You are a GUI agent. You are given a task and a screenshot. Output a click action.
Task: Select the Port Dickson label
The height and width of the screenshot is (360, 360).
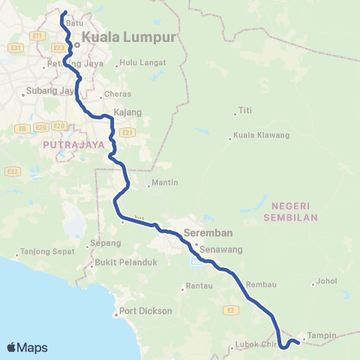[145, 311]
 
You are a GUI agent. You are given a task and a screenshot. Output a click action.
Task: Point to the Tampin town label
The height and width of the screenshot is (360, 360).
[322, 335]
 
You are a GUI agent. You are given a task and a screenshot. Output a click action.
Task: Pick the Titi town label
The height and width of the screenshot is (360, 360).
[244, 110]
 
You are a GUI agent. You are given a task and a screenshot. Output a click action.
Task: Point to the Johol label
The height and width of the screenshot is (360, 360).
[328, 283]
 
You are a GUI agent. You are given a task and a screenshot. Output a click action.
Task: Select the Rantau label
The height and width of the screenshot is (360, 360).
[197, 286]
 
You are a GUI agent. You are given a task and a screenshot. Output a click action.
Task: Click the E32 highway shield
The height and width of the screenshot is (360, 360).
[13, 171]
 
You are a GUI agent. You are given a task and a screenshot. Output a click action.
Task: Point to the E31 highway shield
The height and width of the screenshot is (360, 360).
[14, 49]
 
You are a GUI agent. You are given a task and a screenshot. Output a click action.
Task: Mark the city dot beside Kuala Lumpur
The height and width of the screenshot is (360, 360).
[76, 43]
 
